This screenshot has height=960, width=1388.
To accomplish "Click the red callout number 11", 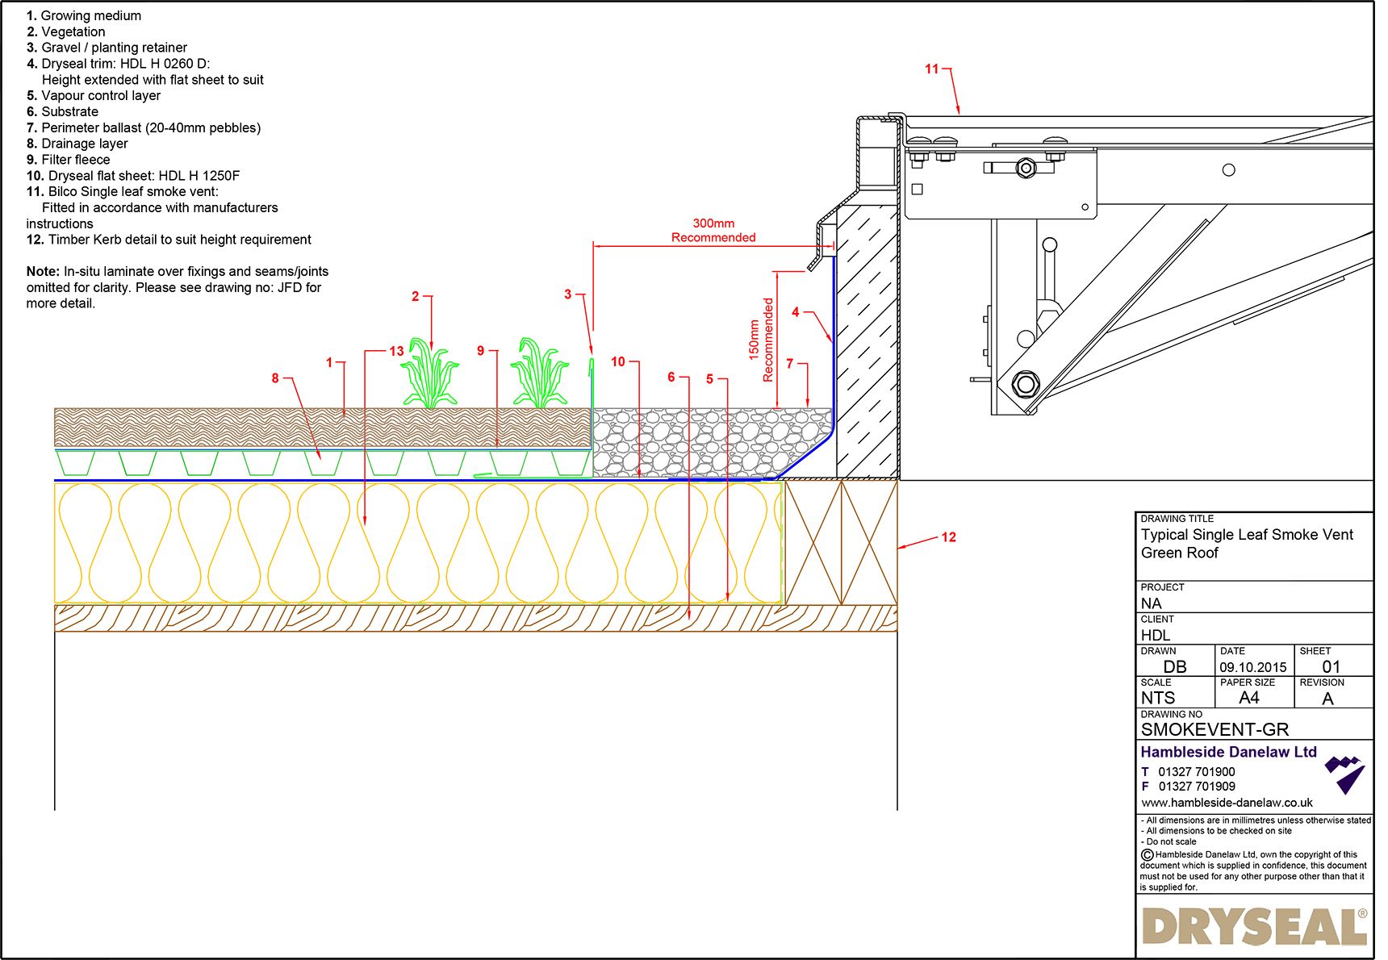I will coord(931,69).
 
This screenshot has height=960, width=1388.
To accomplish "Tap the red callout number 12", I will coord(948,537).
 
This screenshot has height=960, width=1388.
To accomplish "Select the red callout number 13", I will coord(396,351).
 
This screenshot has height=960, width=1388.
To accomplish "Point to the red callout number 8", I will coord(275,378).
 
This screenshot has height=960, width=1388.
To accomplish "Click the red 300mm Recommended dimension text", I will coord(713,231).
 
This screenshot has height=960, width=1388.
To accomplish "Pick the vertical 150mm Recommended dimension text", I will coord(761,340).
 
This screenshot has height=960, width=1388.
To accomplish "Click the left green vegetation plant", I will coord(429,374).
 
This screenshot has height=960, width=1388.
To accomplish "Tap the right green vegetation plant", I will coord(539,373).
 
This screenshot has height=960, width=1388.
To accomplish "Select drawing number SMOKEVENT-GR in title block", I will coord(1214,729).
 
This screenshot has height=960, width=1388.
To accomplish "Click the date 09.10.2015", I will coord(1252,667).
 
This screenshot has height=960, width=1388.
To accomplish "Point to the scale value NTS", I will coord(1157,698).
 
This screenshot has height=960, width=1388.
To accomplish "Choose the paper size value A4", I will coord(1248,698).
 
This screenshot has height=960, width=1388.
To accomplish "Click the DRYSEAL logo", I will coord(1254,927).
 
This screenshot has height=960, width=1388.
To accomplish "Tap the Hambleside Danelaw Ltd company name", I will coord(1228,752).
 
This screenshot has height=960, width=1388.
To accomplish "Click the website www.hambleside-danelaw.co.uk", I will coord(1227,803).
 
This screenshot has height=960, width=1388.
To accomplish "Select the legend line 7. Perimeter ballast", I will coord(144,127).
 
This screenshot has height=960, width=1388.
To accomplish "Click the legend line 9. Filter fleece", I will coord(69,160).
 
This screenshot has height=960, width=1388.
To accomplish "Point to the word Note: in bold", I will coord(43,272).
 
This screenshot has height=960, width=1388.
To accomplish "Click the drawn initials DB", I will coord(1175,667).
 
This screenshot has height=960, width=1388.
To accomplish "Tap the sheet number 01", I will coord(1331,667).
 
